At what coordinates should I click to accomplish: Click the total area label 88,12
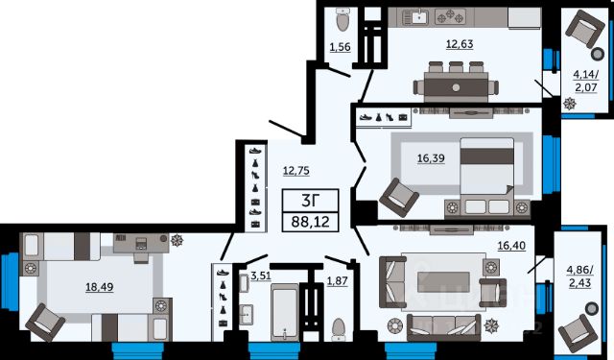310,223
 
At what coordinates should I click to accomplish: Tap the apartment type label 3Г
310,201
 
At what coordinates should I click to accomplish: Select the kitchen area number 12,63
460,44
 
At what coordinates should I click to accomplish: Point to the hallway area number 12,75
296,171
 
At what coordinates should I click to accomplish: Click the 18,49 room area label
100,287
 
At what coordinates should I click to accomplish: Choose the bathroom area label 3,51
261,276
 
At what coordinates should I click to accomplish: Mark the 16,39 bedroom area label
431,158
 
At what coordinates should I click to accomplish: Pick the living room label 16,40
511,246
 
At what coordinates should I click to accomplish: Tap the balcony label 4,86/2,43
579,276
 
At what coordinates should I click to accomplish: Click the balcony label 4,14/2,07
586,81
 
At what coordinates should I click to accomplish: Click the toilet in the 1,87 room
339,328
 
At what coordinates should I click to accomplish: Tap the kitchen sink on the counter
415,17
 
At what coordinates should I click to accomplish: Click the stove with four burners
450,17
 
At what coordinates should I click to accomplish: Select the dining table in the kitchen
457,86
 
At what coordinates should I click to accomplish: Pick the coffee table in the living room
443,282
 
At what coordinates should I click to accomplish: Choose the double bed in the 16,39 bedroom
487,176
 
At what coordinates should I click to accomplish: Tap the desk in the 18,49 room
141,245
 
